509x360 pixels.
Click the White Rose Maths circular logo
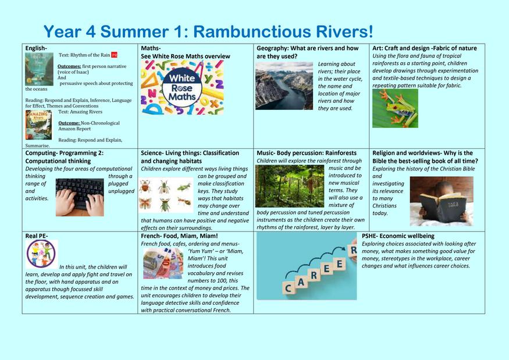pyautogui.click(x=182, y=88)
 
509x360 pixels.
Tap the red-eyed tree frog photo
pyautogui.click(x=395, y=108)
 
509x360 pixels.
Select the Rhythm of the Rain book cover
pyautogui.click(x=40, y=69)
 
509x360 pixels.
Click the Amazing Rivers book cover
pyautogui.click(x=38, y=125)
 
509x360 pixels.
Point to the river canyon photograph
pyautogui.click(x=284, y=85)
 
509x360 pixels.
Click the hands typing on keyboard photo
pyautogui.click(x=80, y=197)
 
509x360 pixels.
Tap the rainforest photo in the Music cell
pyautogui.click(x=290, y=186)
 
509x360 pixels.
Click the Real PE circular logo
pyautogui.click(x=41, y=254)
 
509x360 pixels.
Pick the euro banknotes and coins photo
pyautogui.click(x=163, y=263)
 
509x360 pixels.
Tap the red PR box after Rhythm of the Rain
pyautogui.click(x=114, y=55)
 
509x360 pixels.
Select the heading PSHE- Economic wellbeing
pyautogui.click(x=398, y=236)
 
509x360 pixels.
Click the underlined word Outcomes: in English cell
pyautogui.click(x=69, y=66)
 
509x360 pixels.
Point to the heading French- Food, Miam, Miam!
pyautogui.click(x=179, y=236)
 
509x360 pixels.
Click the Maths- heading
pyautogui.click(x=151, y=48)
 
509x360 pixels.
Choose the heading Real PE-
pyautogui.click(x=36, y=236)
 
